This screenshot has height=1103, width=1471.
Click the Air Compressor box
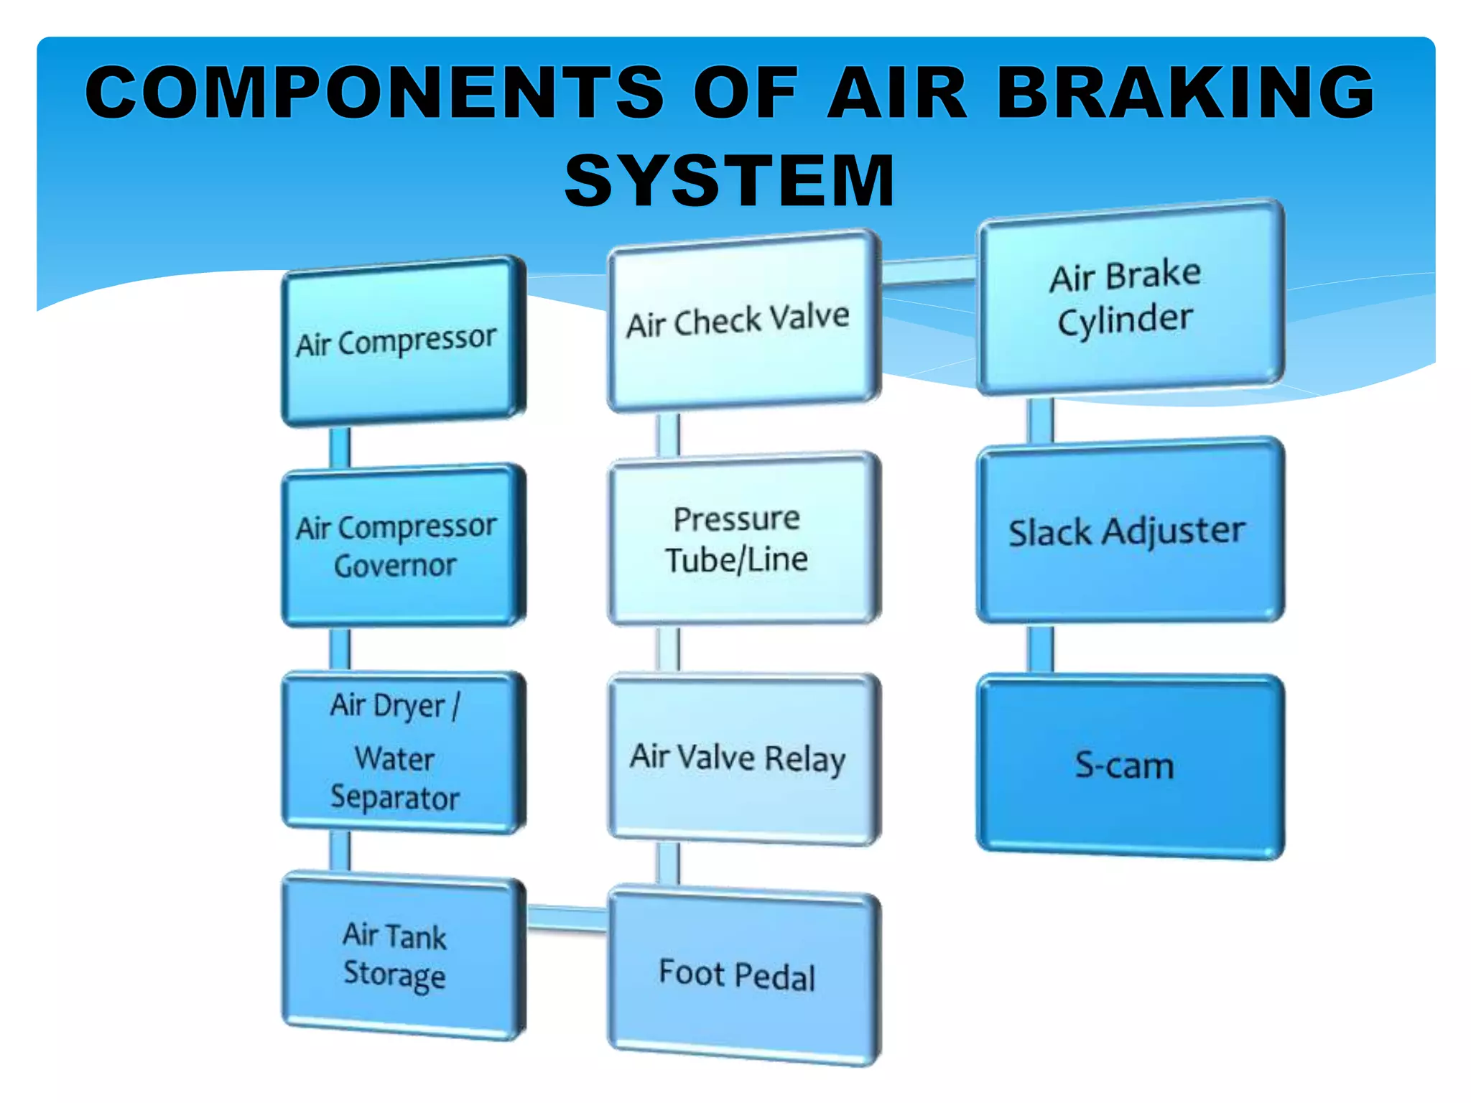pyautogui.click(x=402, y=342)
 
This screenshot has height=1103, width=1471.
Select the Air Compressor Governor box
pyautogui.click(x=402, y=546)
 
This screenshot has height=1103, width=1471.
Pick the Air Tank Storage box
pyautogui.click(x=402, y=955)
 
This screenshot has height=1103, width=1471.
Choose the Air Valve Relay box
pyautogui.click(x=743, y=758)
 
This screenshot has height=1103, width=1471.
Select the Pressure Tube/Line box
pyautogui.click(x=743, y=539)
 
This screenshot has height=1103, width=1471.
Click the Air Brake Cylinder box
pyautogui.click(x=1129, y=297)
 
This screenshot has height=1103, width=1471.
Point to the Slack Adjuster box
pyautogui.click(x=1129, y=532)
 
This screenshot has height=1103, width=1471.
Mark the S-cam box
pyautogui.click(x=1129, y=765)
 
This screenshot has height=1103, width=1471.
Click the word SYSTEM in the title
pyautogui.click(x=730, y=181)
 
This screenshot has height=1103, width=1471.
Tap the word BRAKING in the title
pyautogui.click(x=1185, y=92)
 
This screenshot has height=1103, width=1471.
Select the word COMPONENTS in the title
pyautogui.click(x=373, y=92)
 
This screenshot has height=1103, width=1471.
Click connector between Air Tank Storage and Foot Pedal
pyautogui.click(x=567, y=918)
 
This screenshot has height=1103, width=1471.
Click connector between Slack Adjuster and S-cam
pyautogui.click(x=1040, y=648)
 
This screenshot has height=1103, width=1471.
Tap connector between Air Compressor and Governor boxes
pyautogui.click(x=340, y=447)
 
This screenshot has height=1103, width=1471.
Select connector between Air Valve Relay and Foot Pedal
pyautogui.click(x=668, y=864)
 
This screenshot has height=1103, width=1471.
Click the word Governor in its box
pyautogui.click(x=395, y=566)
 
